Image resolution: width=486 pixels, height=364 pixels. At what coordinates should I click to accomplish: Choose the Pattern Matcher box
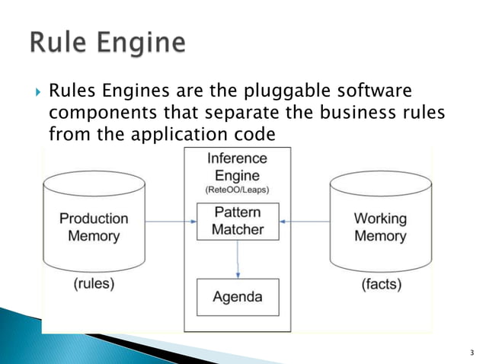(x=238, y=221)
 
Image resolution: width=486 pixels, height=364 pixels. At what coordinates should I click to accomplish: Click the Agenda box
(x=238, y=297)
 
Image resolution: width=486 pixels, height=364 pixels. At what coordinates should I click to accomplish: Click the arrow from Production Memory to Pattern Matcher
(x=170, y=222)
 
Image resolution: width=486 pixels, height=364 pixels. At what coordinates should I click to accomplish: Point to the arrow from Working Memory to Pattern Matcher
(x=305, y=222)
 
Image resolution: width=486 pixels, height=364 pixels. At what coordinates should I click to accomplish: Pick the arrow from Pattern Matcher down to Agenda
(x=238, y=259)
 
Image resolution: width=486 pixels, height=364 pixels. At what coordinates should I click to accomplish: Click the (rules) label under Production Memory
(x=94, y=284)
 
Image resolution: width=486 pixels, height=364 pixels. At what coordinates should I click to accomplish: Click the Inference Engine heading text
(x=238, y=167)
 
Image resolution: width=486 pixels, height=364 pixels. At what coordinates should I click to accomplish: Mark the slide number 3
(x=472, y=352)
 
